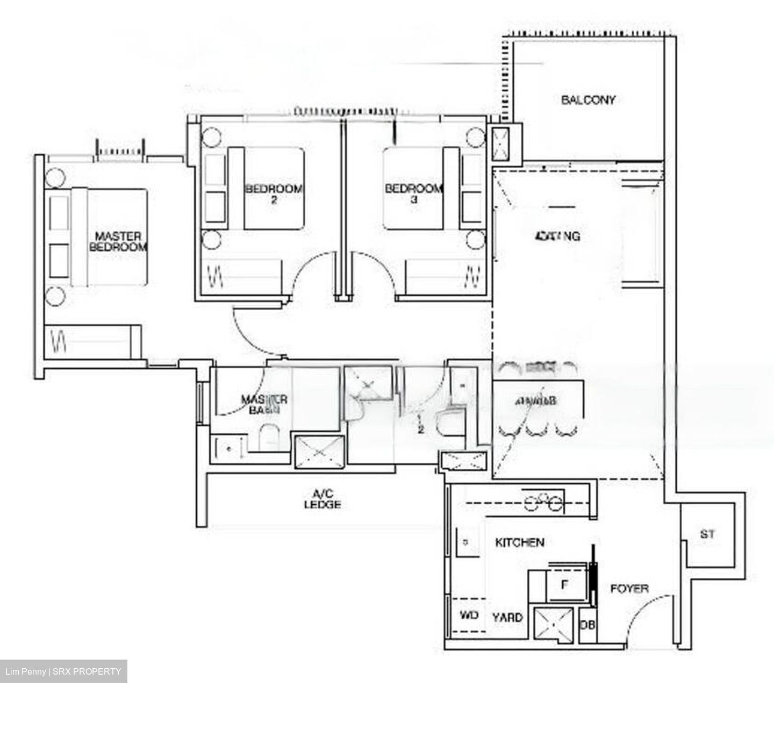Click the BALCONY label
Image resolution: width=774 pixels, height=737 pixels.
coord(588,100)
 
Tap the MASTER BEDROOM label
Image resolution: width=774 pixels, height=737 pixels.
coord(118,241)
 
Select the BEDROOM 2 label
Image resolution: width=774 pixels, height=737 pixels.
coord(274,194)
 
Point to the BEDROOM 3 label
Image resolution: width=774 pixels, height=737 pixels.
coord(413,194)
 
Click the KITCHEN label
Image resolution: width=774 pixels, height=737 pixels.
coord(519,542)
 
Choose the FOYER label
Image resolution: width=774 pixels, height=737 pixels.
coord(629,589)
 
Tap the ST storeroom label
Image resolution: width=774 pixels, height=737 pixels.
coord(707,534)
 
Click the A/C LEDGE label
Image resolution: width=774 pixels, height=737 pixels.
coord(322,499)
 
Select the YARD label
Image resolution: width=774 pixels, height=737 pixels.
coord(507,617)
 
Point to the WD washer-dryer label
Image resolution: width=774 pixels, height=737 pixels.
coord(469,616)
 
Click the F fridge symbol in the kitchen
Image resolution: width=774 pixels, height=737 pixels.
coord(565,585)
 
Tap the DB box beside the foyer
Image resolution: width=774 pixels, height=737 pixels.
coord(587,625)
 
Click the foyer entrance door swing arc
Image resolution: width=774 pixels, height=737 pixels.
coord(645,613)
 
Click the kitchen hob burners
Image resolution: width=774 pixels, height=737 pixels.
coord(543,502)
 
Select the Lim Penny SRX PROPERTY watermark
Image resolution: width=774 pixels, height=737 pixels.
coord(63,671)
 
